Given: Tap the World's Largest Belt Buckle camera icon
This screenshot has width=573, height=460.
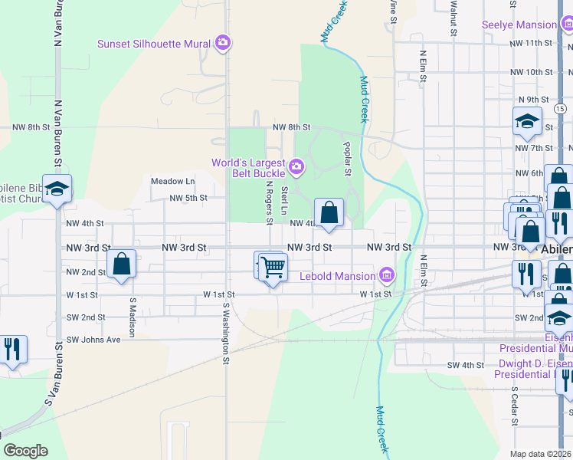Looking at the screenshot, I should [x=296, y=166].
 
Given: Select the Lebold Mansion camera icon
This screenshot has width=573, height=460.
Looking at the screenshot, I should [x=387, y=275].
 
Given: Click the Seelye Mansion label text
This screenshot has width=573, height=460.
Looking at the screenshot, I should [x=519, y=25].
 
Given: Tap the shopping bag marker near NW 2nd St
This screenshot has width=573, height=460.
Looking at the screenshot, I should [x=122, y=264].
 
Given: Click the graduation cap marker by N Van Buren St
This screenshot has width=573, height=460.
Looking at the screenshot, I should [x=57, y=189].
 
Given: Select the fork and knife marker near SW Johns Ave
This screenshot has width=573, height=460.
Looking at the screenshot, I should [x=11, y=350].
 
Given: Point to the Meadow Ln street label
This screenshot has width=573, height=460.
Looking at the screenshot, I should [x=172, y=182].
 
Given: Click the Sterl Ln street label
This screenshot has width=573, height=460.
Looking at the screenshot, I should [x=284, y=200].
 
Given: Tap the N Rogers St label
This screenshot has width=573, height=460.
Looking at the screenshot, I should [x=269, y=202].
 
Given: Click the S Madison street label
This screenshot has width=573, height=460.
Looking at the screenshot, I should [x=132, y=317].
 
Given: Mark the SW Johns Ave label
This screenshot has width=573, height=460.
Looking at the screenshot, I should [x=93, y=340].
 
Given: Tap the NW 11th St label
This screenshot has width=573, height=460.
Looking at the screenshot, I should [x=529, y=44].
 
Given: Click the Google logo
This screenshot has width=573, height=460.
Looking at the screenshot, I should [x=25, y=450].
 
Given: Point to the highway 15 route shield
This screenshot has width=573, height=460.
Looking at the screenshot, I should [x=561, y=110].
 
